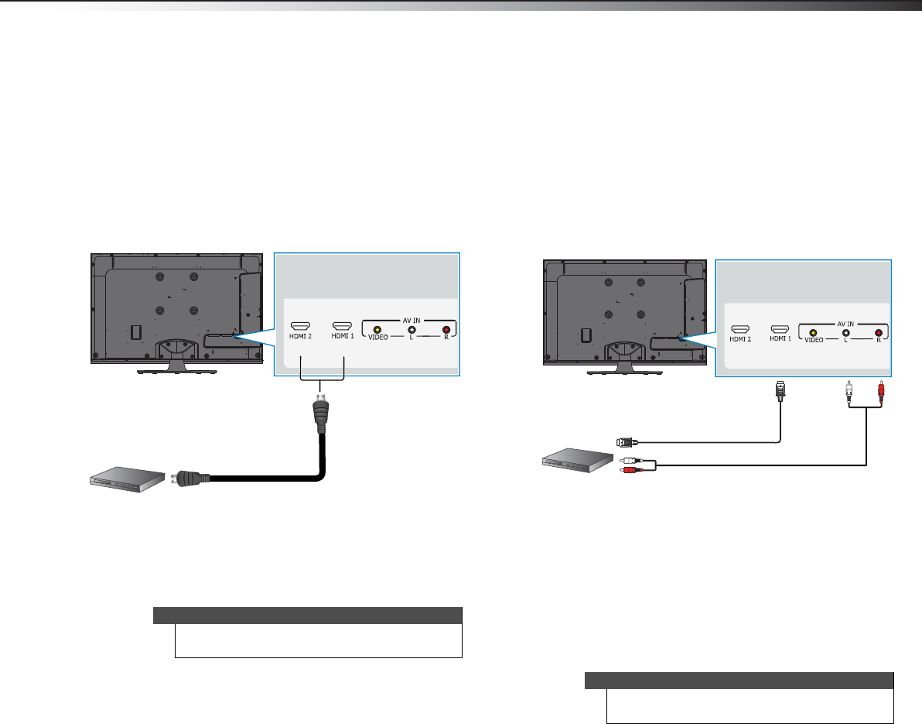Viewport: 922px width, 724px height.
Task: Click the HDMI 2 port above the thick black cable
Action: tap(299, 327)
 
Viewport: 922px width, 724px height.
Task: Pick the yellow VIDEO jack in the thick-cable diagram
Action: tap(377, 329)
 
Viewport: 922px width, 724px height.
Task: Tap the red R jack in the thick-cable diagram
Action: tap(446, 329)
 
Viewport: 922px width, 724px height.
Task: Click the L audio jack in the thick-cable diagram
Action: tap(411, 329)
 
